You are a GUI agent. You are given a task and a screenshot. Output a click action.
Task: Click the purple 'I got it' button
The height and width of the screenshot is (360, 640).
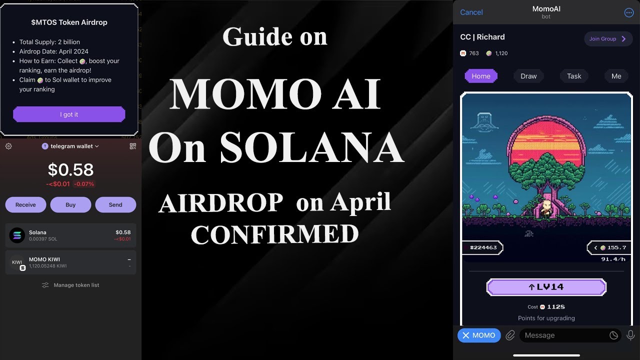coord(69,114)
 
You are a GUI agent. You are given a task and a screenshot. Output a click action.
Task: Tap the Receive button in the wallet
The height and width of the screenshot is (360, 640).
coord(25,205)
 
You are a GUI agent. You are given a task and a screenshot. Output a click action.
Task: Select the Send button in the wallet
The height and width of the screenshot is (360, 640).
coord(115,205)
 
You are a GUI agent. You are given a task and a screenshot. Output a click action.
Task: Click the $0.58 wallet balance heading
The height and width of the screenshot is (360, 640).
coord(70,170)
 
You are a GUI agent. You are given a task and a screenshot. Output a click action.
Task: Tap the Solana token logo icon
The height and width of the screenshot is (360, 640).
coord(17,235)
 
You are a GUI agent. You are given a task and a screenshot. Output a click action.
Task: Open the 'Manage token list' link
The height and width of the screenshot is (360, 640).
coord(70,285)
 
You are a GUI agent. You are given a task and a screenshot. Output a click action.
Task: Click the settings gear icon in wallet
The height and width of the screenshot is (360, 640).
coord(8,146)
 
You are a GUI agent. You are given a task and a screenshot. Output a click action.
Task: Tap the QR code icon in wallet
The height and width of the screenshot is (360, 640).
coord(132,146)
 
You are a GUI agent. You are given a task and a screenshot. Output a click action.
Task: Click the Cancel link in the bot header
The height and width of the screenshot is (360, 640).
coord(471,12)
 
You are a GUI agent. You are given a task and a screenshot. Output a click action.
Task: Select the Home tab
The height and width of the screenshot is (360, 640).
coord(481,76)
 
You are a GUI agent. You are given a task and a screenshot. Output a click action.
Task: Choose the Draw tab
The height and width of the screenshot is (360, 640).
coord(528,76)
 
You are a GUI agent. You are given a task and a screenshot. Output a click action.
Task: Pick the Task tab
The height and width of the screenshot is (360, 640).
coord(574,76)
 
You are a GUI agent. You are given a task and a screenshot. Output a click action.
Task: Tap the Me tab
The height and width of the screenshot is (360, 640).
coord(616,76)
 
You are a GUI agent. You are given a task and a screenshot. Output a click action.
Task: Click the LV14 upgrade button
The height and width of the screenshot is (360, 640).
coord(546,287)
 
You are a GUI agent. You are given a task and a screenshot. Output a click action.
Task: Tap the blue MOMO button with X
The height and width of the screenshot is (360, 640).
coord(479,335)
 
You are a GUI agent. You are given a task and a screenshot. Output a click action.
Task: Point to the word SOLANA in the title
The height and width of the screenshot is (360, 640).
coord(311,149)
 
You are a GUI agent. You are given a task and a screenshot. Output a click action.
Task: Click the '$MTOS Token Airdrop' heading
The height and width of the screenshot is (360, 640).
coord(69,22)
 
